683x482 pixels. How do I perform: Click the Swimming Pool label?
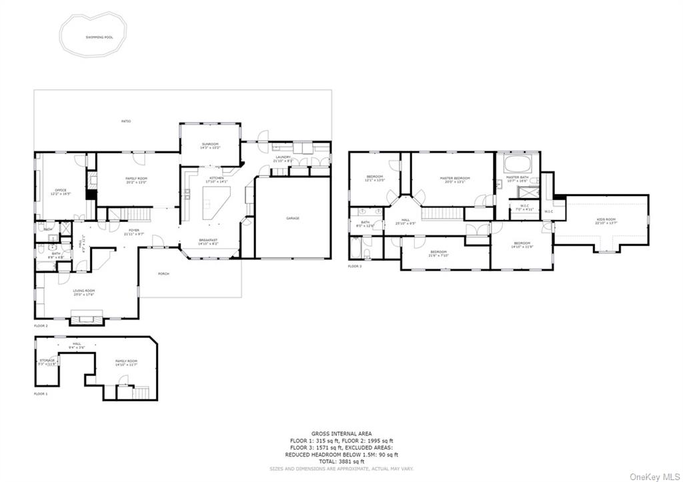[x=99, y=37]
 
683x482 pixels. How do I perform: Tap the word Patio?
[x=125, y=121]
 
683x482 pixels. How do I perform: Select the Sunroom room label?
[x=211, y=145]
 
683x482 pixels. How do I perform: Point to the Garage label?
[x=293, y=218]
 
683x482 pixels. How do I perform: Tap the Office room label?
[x=61, y=192]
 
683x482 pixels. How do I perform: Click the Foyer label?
[x=129, y=231]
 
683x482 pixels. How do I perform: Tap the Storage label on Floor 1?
[x=47, y=361]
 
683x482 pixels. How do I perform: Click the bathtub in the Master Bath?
[x=516, y=164]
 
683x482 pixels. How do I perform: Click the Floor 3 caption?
[x=354, y=267]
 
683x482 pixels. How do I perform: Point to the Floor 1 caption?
[x=41, y=394]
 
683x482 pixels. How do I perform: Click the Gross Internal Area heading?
[x=341, y=433]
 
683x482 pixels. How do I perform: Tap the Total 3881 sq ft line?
[x=341, y=461]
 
